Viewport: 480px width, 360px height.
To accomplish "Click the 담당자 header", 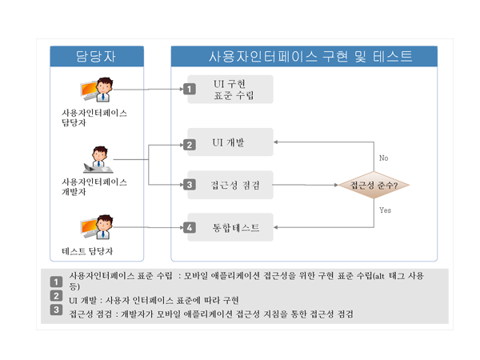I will click(x=98, y=56).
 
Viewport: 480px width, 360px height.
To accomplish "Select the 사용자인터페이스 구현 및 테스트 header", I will click(x=304, y=56).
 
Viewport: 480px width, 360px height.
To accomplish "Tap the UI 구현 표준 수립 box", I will click(x=230, y=90).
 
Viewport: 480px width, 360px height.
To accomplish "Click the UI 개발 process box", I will click(x=230, y=143).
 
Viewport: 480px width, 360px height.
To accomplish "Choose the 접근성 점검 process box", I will click(x=230, y=185).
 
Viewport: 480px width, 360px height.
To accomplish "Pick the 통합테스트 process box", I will click(x=230, y=227).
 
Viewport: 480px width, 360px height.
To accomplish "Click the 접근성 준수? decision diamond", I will click(x=374, y=185).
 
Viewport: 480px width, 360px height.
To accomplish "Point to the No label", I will click(x=383, y=158).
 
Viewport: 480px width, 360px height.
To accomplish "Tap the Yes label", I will click(x=385, y=210).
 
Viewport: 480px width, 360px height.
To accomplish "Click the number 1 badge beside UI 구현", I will click(x=190, y=90).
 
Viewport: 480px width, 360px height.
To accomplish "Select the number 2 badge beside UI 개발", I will click(x=190, y=145).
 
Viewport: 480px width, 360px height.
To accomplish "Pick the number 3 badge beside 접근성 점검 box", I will click(x=190, y=186).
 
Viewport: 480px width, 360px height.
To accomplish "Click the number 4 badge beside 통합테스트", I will click(x=190, y=228).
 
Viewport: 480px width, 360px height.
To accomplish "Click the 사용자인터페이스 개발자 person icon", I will click(x=98, y=160).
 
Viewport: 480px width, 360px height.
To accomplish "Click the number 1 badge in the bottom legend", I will click(x=56, y=282).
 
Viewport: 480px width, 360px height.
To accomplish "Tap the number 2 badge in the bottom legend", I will click(x=56, y=297).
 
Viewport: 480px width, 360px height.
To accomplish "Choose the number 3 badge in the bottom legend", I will click(x=56, y=310).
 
